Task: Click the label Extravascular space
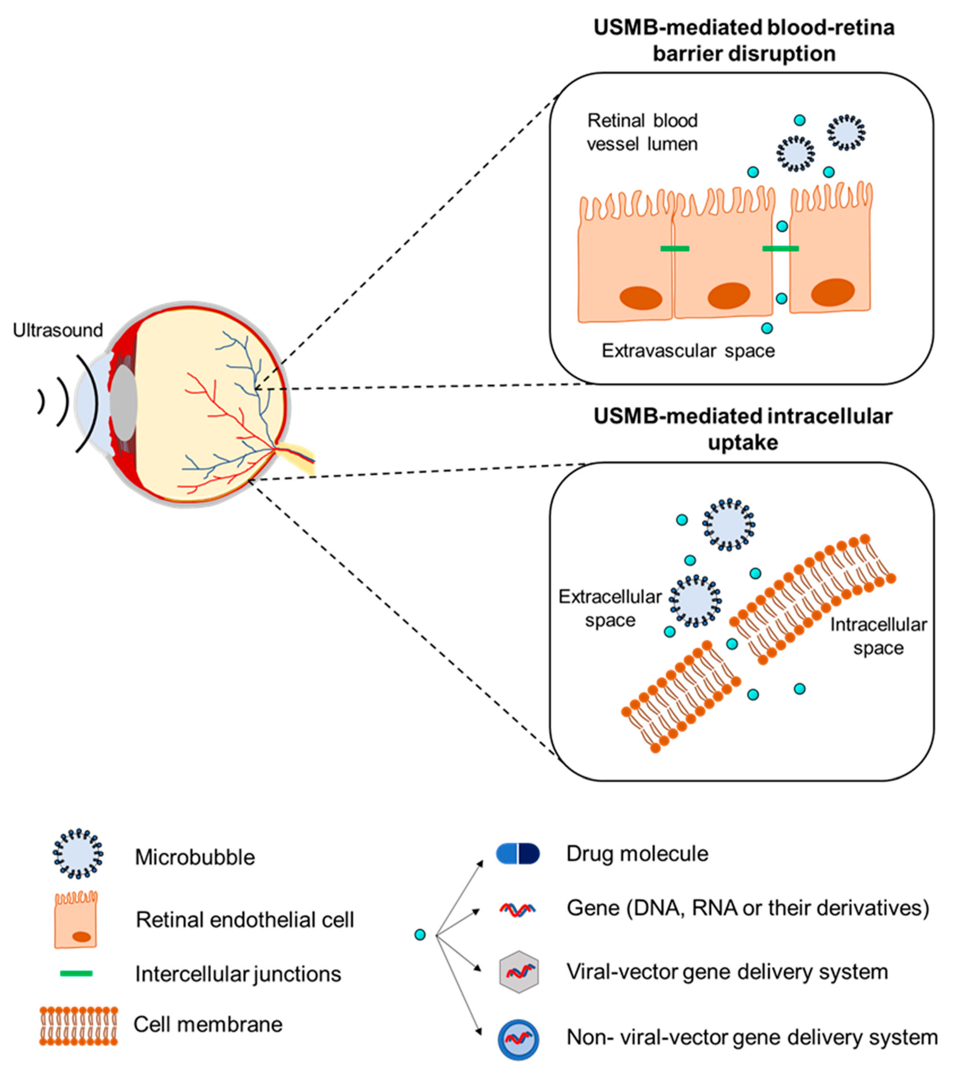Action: click(x=688, y=351)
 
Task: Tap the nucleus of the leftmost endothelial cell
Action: click(x=640, y=298)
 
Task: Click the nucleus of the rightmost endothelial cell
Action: click(x=833, y=292)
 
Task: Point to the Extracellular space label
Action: click(x=610, y=608)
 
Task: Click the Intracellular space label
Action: click(x=878, y=636)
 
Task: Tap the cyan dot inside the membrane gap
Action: click(x=732, y=644)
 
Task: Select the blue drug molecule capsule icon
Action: click(x=518, y=854)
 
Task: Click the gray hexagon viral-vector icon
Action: click(x=518, y=972)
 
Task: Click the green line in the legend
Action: click(x=77, y=973)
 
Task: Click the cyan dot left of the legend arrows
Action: click(x=420, y=935)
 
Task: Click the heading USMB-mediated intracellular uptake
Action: click(x=743, y=429)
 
